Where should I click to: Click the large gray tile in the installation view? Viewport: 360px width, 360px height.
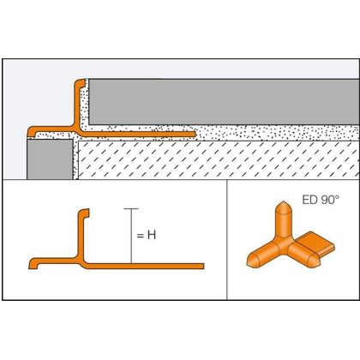point(224,102)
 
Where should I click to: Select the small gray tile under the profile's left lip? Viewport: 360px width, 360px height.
point(50,159)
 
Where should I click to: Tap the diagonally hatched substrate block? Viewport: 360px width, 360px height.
point(219,159)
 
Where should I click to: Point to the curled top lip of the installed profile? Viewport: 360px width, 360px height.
point(81,83)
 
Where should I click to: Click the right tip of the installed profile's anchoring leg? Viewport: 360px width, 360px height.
point(195,134)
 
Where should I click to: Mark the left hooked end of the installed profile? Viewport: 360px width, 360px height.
point(31,131)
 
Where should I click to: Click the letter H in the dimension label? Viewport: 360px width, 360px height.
point(152,235)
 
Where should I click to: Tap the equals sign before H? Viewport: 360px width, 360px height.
point(140,236)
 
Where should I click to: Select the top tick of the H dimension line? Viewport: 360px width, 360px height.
point(131,209)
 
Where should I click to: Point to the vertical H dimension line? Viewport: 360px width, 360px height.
point(131,236)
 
